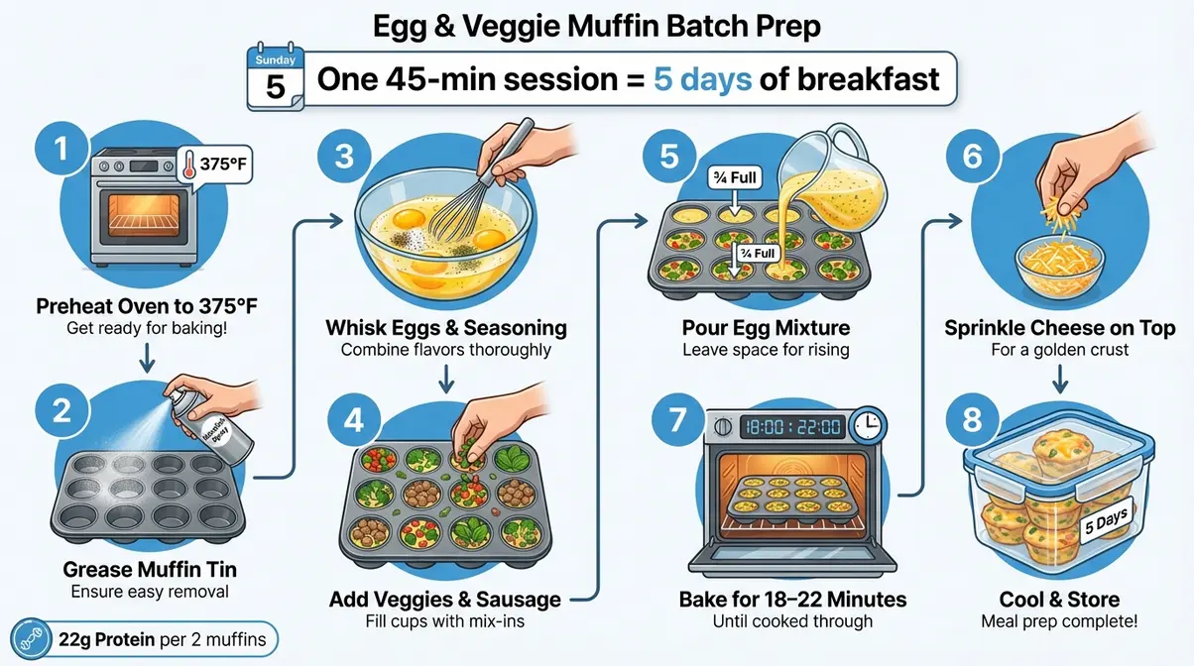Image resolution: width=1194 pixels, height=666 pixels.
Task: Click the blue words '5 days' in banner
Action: [x=702, y=78]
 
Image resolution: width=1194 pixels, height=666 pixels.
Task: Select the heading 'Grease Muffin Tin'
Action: [x=150, y=570]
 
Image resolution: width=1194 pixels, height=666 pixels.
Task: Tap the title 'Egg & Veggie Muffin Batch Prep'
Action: [x=596, y=25]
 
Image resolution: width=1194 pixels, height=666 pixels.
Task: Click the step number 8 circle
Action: [x=973, y=419]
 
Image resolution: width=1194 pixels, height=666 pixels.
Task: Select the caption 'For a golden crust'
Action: [x=1059, y=350]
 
